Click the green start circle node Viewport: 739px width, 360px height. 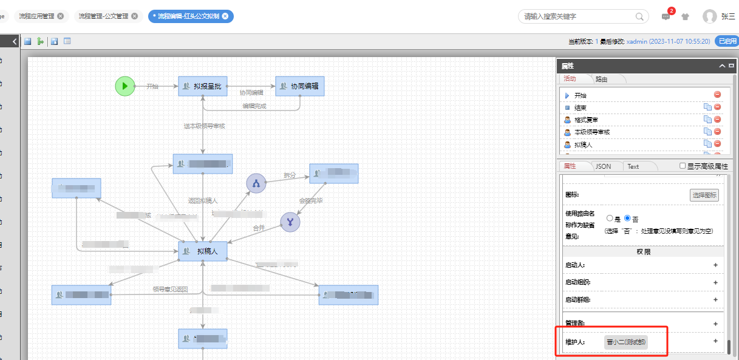click(125, 86)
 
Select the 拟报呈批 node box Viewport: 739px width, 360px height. click(203, 86)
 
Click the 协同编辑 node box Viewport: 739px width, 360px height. click(300, 86)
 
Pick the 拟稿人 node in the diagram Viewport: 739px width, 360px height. click(203, 251)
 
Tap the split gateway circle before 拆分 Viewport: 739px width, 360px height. click(256, 183)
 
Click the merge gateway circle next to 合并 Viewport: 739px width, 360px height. click(290, 222)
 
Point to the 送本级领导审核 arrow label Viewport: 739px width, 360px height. click(205, 126)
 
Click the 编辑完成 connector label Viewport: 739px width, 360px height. click(254, 106)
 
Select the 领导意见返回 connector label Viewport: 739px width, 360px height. click(170, 290)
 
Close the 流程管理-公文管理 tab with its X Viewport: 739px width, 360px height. click(134, 16)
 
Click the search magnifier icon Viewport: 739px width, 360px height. click(640, 16)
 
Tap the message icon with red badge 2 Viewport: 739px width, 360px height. click(666, 17)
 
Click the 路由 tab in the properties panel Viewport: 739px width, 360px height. click(602, 79)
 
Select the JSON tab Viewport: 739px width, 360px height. click(603, 166)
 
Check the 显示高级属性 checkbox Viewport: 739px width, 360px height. click(683, 166)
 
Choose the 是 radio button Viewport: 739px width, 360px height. click(610, 219)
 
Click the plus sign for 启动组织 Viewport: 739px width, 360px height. click(715, 282)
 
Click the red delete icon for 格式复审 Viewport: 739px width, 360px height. click(717, 120)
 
